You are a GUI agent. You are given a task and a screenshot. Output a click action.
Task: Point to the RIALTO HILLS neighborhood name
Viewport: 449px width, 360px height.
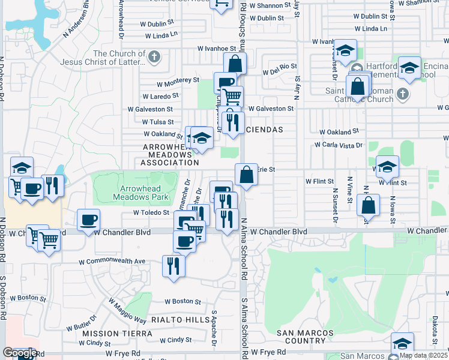[x=181, y=320]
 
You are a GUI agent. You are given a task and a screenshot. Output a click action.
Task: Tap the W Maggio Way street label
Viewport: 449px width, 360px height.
[x=127, y=312]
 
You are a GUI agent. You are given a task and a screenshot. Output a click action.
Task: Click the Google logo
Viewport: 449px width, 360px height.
[x=19, y=353]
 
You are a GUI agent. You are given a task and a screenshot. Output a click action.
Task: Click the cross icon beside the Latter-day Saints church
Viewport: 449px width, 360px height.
[x=154, y=58]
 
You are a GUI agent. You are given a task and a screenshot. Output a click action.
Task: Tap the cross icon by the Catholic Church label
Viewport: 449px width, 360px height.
[x=402, y=94]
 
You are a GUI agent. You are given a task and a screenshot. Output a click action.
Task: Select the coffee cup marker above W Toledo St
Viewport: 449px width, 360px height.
[x=88, y=220]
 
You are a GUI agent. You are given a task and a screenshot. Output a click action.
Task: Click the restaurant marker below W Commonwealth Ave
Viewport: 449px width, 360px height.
[x=173, y=265]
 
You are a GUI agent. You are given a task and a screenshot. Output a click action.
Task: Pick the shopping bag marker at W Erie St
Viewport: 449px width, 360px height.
[x=246, y=175]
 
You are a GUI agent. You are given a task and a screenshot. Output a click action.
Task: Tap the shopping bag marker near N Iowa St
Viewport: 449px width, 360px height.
[x=368, y=205]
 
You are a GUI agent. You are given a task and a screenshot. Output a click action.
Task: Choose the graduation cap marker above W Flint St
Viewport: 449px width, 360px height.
[x=387, y=166]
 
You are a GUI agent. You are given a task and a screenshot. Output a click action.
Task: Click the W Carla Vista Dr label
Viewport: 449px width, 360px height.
[x=339, y=145]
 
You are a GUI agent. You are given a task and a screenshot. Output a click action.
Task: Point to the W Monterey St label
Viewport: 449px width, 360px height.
[x=178, y=80]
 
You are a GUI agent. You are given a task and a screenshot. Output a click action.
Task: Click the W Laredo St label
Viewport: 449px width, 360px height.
[x=160, y=95]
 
